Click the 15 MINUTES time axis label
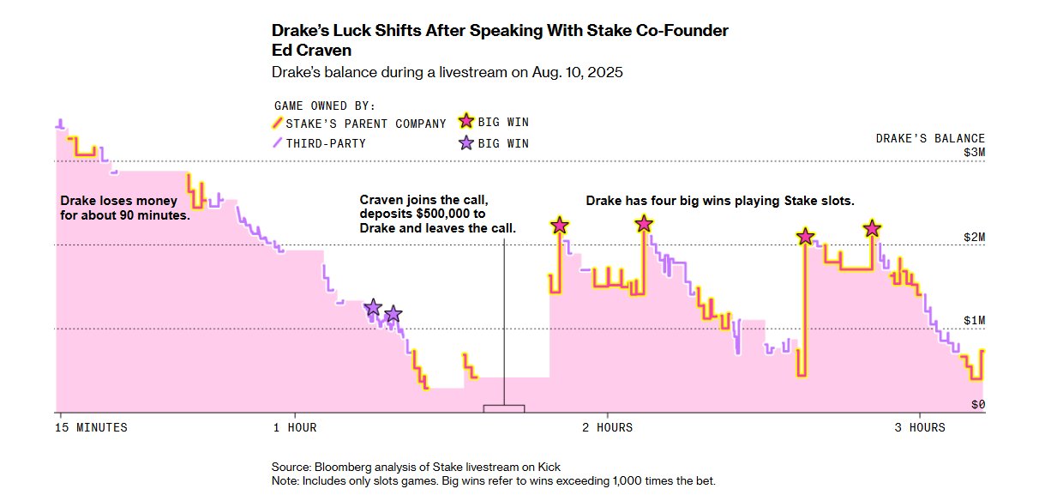click(x=91, y=427)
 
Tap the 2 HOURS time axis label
click(x=604, y=427)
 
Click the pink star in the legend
click(x=466, y=123)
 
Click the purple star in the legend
click(x=466, y=143)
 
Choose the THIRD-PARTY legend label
click(x=326, y=143)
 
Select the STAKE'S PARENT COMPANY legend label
click(x=365, y=123)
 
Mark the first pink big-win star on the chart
click(x=560, y=226)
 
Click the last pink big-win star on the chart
click(x=872, y=228)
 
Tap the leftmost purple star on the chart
click(x=373, y=307)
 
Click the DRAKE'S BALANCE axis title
click(x=930, y=138)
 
